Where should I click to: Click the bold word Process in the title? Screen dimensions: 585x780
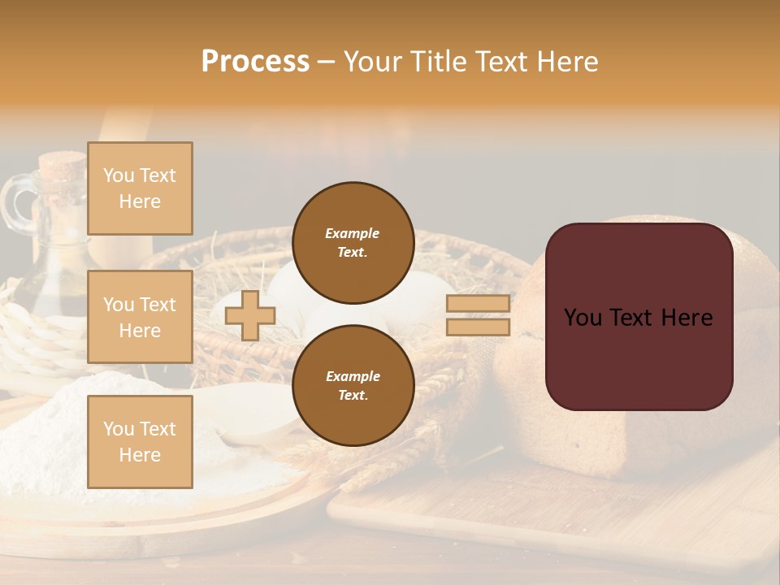tap(255, 62)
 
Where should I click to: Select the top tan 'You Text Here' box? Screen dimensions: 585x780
tap(140, 188)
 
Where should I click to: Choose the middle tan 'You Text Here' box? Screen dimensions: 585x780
tap(140, 317)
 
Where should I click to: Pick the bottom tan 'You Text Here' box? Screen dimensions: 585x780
tap(140, 441)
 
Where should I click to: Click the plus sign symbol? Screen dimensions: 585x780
tap(250, 315)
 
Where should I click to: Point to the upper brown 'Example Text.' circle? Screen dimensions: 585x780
tap(353, 243)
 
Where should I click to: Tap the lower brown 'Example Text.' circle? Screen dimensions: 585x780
tap(353, 386)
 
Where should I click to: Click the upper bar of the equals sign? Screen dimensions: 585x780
tap(479, 304)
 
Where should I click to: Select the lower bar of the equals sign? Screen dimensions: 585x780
tap(479, 327)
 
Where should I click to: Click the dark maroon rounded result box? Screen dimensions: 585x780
tap(639, 317)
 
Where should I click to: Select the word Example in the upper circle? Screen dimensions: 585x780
tap(353, 233)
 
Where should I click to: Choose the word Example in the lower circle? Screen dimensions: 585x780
tap(353, 376)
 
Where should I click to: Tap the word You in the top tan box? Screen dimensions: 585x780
tap(118, 175)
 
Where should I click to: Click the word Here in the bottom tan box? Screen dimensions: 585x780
tap(140, 455)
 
